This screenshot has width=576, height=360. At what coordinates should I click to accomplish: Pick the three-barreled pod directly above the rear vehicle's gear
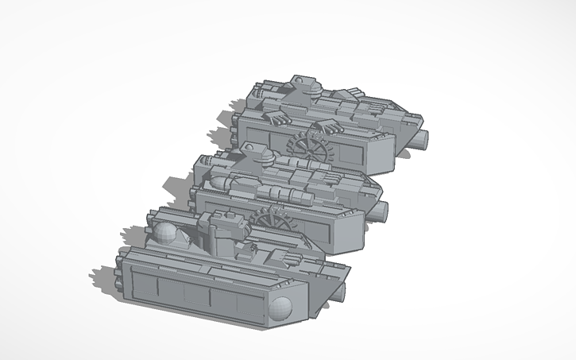click(x=327, y=126)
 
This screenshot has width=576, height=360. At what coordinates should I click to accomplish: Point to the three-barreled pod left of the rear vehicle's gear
click(x=276, y=118)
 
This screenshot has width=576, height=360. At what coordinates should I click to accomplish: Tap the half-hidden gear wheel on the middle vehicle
click(x=266, y=217)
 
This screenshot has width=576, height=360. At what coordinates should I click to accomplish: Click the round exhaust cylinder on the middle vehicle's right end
click(x=382, y=211)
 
